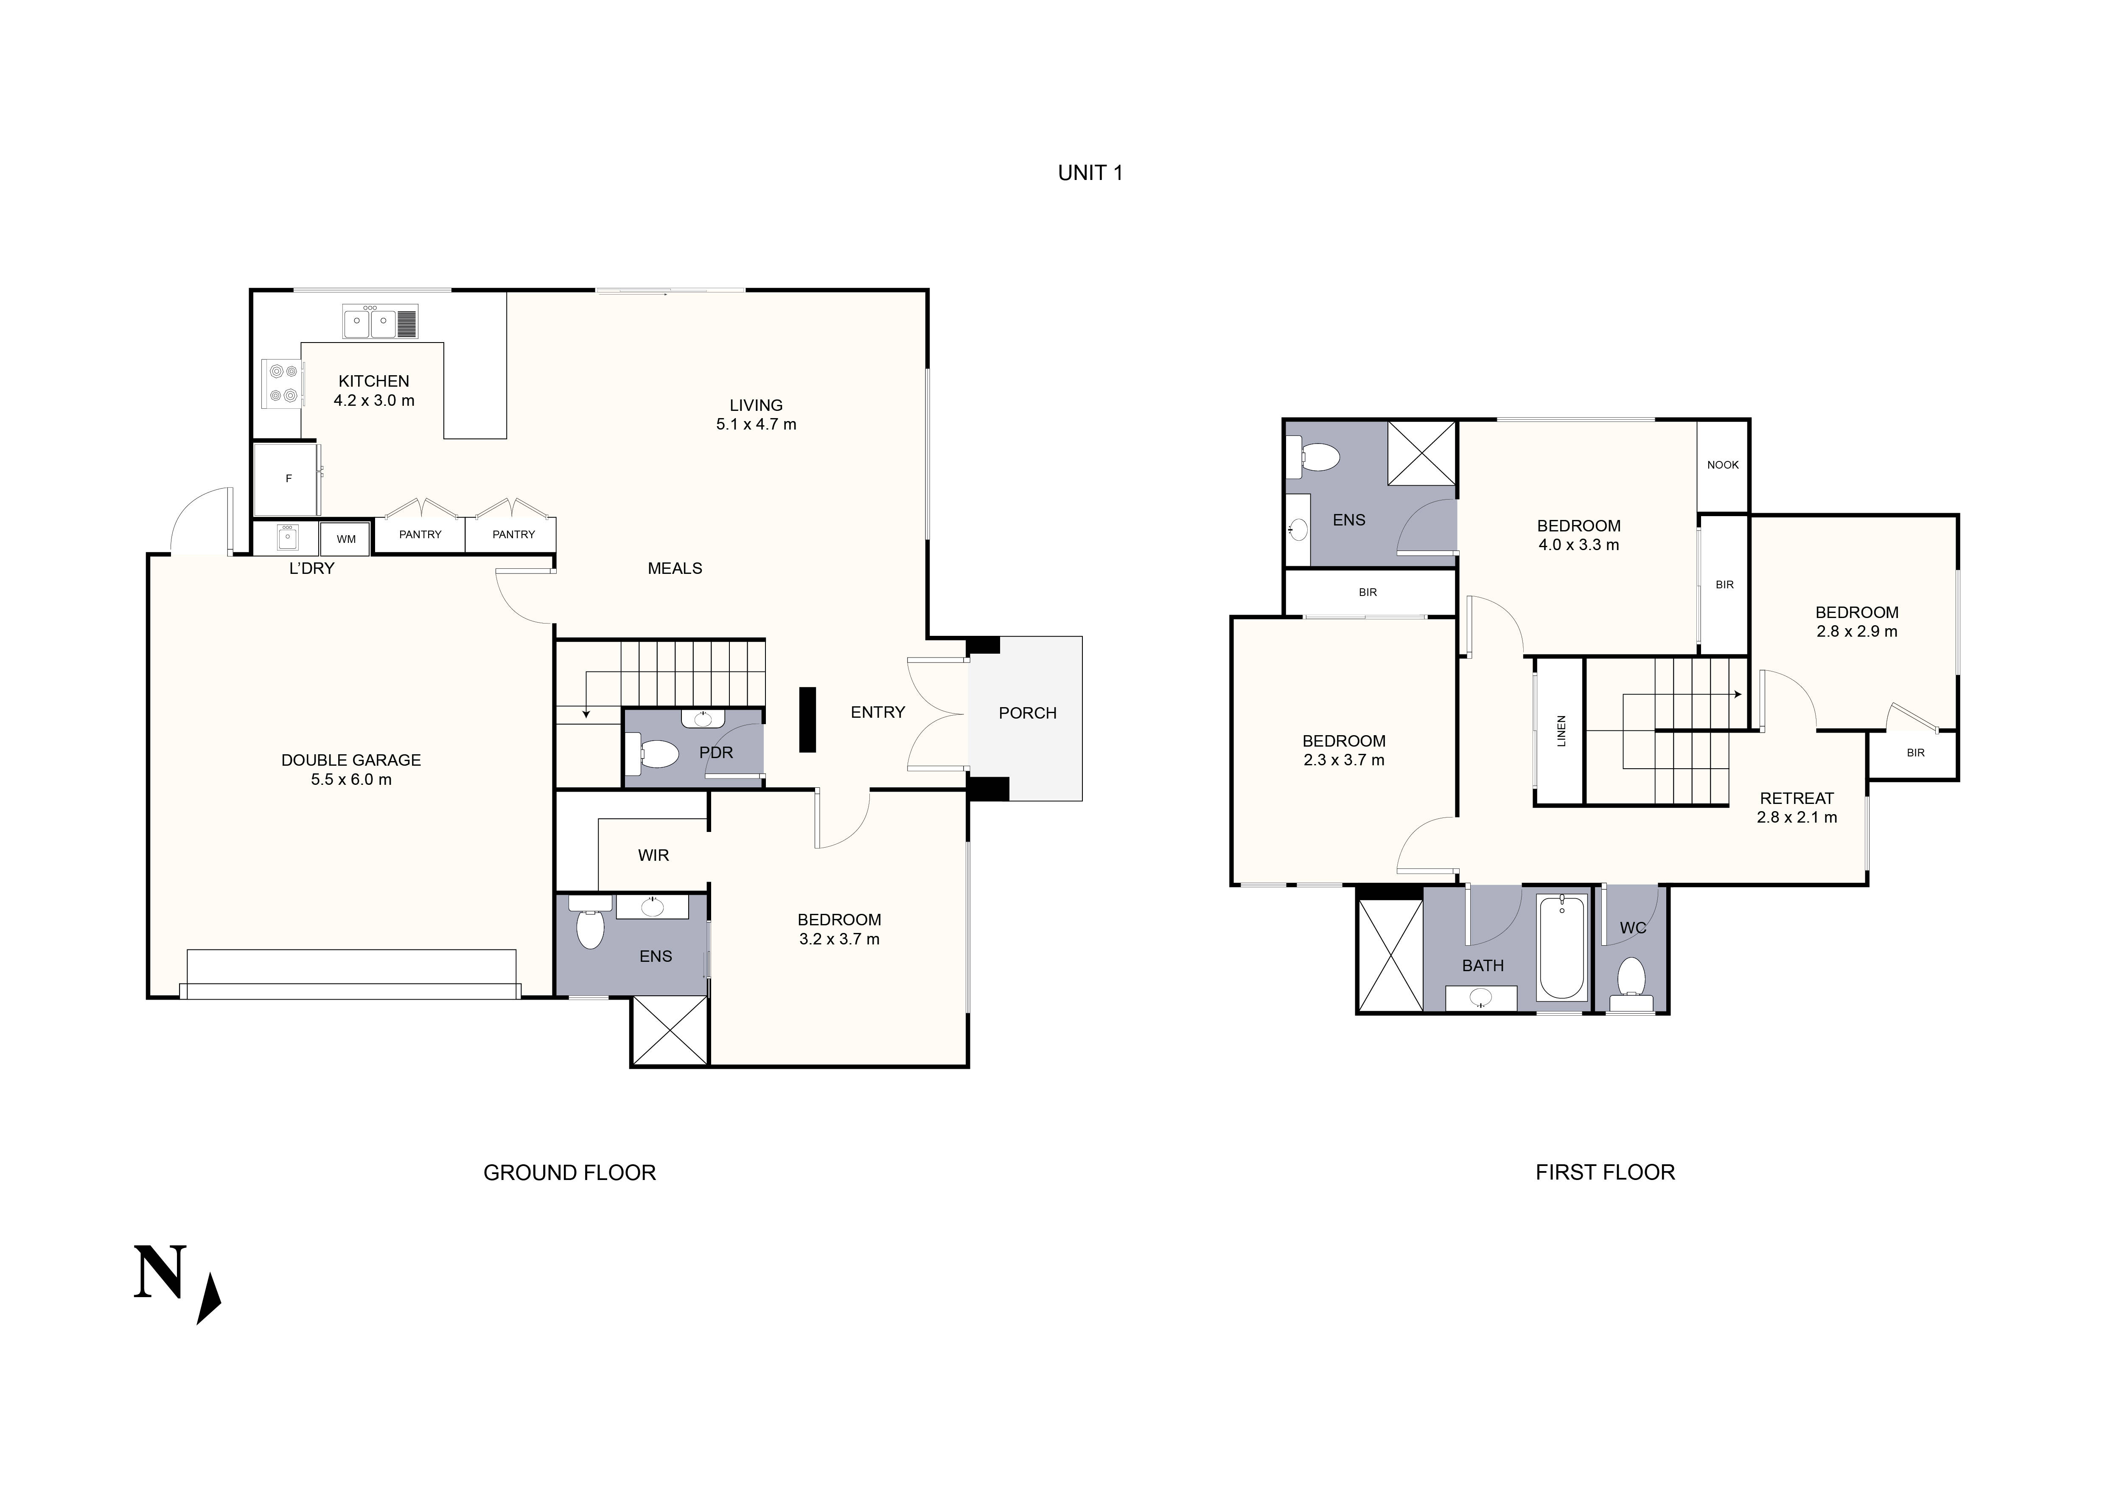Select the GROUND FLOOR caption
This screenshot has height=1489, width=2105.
coord(569,1173)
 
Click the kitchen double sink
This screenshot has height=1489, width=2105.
coord(370,322)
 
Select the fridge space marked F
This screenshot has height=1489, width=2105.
coord(288,479)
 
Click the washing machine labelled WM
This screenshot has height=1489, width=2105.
coord(346,539)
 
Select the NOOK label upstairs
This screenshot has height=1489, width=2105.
coord(1722,465)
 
